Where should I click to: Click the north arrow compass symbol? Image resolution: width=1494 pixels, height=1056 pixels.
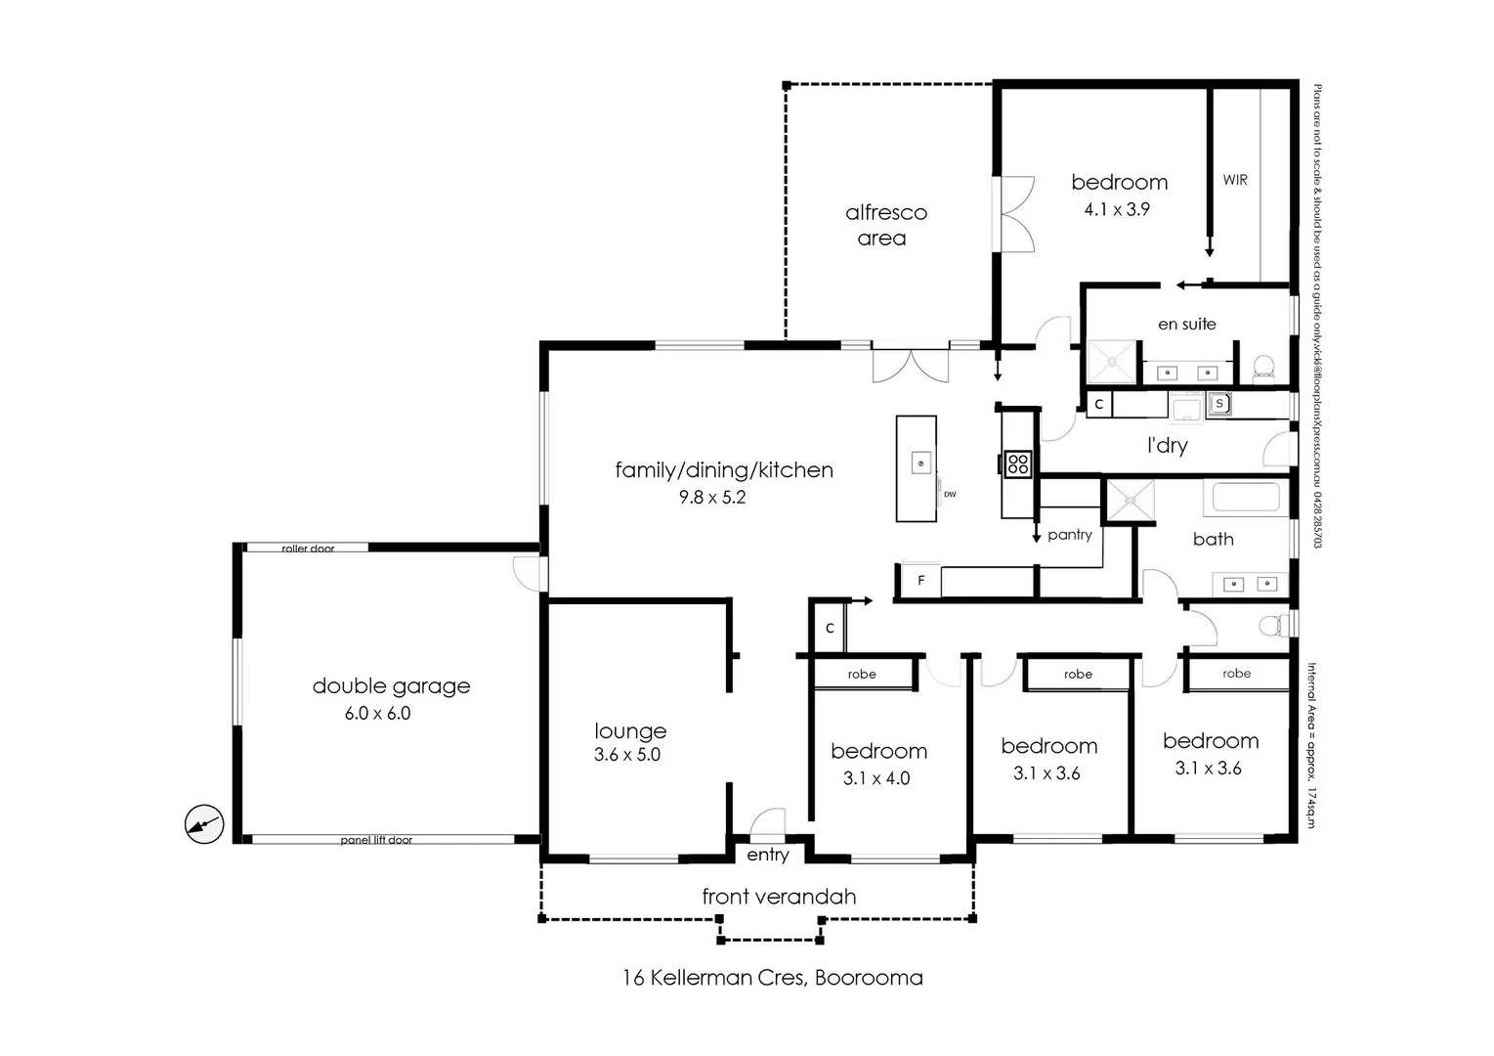click(204, 824)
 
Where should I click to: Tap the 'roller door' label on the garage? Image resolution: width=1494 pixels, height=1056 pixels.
click(308, 549)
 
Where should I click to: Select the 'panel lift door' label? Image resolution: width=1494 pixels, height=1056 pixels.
click(376, 840)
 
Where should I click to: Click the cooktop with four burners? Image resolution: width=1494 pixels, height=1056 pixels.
click(1017, 463)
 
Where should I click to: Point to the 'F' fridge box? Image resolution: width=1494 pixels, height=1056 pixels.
click(920, 581)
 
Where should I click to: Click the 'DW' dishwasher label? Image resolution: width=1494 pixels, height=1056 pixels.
click(950, 495)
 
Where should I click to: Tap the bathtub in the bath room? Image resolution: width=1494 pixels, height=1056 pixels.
click(1246, 498)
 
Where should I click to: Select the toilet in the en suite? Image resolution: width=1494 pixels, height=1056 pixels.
click(1263, 368)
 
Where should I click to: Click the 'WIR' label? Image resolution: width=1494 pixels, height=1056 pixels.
click(1235, 180)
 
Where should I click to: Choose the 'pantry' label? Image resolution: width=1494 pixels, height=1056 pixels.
click(1069, 535)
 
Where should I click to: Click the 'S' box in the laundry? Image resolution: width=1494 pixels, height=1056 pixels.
click(1219, 403)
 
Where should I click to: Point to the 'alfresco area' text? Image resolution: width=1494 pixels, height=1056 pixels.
click(885, 225)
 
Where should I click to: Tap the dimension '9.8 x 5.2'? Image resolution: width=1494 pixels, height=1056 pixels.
click(712, 498)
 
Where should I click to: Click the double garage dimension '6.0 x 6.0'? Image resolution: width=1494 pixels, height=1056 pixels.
click(377, 714)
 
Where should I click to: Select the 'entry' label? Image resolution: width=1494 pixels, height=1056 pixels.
click(768, 856)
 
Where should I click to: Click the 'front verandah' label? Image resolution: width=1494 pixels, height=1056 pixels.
click(779, 897)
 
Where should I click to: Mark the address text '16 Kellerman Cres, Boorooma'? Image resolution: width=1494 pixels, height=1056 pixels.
click(772, 978)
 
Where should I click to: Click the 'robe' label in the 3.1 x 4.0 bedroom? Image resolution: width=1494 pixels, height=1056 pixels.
click(862, 675)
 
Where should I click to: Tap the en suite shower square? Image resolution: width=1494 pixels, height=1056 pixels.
click(1113, 362)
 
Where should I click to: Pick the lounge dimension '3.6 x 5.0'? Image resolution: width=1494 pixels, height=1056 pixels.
click(627, 755)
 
